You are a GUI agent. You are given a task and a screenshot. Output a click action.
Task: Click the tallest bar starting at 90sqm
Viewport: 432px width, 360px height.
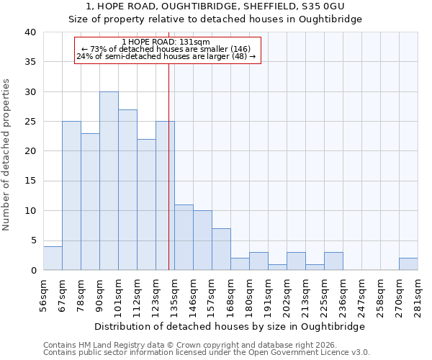coord(109,181)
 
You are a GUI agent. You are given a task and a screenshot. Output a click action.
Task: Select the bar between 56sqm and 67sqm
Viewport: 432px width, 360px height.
coord(53,258)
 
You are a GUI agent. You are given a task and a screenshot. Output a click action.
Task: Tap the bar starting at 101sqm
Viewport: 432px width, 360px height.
coord(127,189)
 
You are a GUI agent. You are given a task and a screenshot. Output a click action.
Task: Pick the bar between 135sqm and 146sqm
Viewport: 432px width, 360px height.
coord(184,237)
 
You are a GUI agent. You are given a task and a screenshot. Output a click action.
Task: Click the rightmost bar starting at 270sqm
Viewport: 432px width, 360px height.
coord(408,264)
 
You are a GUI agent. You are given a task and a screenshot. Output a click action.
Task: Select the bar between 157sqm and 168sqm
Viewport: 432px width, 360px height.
coord(221,249)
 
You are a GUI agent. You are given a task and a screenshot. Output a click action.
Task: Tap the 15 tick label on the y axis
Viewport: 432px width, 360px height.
coord(30,181)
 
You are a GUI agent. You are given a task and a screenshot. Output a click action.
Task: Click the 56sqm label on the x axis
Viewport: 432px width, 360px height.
coord(44,292)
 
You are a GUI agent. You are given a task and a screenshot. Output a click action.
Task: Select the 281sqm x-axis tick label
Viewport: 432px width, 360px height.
coord(418,292)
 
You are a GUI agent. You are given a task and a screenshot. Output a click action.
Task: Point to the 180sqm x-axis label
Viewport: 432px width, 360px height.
coord(250,292)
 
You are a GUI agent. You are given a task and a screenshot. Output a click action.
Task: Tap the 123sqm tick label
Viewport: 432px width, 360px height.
coord(156,292)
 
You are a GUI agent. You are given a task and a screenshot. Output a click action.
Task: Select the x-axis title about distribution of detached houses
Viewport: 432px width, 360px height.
coord(230,326)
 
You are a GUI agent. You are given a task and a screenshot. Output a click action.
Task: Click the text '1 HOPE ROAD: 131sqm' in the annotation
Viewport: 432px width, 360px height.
coord(166,42)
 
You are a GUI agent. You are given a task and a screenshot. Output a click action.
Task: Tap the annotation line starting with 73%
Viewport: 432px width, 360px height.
coord(166,49)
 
